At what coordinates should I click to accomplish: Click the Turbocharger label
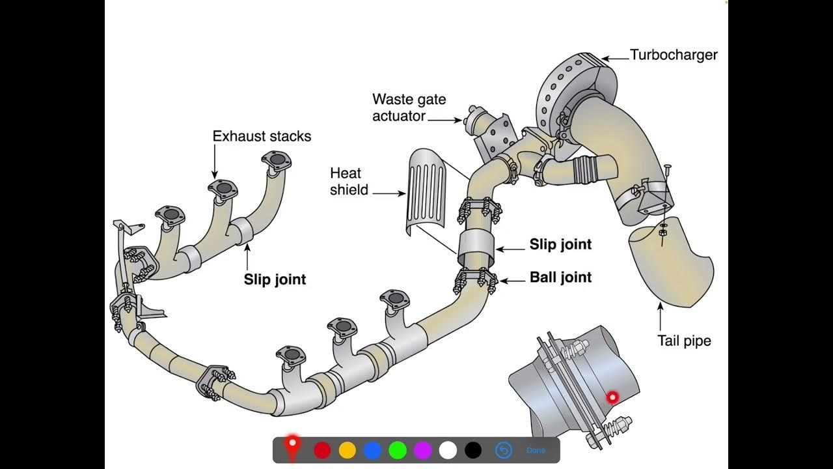pos(674,55)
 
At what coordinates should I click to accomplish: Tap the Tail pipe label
pos(683,341)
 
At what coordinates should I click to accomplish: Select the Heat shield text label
pos(349,182)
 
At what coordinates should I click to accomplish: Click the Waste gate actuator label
pos(409,107)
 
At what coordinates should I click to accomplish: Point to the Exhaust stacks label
pos(262,136)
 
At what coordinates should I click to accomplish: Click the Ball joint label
pos(560,277)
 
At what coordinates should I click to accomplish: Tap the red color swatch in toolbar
pos(322,450)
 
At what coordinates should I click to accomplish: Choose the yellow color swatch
pos(348,450)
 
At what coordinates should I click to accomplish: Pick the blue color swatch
pos(372,450)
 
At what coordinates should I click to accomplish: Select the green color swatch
pos(398,450)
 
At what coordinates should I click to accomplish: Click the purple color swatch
pos(423,450)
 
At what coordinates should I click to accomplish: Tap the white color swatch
pos(448,450)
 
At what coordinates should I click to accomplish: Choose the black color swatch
pos(473,450)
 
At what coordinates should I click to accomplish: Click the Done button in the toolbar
pos(536,450)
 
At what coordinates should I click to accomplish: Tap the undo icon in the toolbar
pos(504,450)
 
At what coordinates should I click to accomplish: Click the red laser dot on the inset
pos(612,397)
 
